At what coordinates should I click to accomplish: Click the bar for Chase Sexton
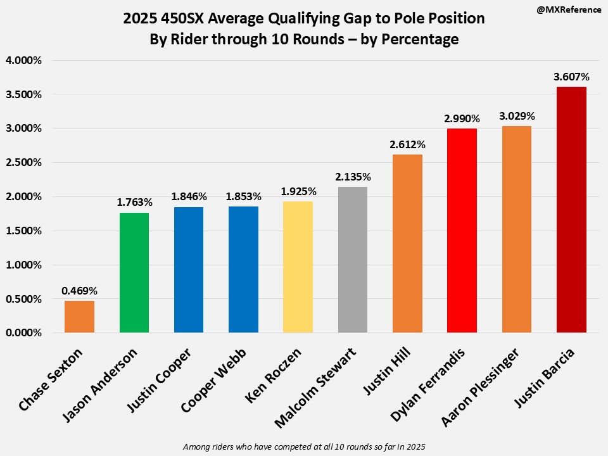tap(79, 317)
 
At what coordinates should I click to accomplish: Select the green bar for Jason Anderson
tap(134, 272)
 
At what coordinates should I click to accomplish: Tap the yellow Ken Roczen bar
tap(298, 267)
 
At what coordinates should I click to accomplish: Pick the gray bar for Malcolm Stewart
tap(352, 260)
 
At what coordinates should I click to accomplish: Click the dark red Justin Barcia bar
tap(571, 210)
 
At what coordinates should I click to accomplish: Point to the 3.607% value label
tap(571, 77)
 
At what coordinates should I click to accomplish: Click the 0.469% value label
tap(79, 291)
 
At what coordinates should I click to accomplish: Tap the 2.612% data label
tap(407, 144)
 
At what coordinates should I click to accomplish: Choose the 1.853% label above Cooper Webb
tap(243, 196)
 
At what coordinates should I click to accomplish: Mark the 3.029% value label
tap(517, 116)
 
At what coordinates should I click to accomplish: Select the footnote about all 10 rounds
tap(304, 447)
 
